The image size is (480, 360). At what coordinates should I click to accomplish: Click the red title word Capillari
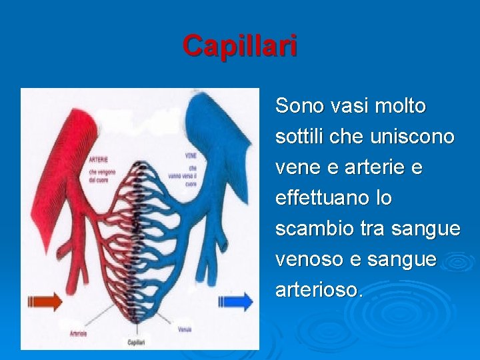(x=240, y=46)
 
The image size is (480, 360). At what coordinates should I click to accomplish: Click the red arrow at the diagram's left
(x=45, y=301)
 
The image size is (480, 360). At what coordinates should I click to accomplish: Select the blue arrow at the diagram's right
(x=236, y=301)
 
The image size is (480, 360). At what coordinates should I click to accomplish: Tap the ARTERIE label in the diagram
(x=99, y=160)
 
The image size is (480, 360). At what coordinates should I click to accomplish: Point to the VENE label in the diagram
(x=191, y=156)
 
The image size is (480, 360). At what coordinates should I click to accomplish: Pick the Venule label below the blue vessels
(x=185, y=329)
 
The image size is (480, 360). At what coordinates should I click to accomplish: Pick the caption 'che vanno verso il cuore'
(x=191, y=175)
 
